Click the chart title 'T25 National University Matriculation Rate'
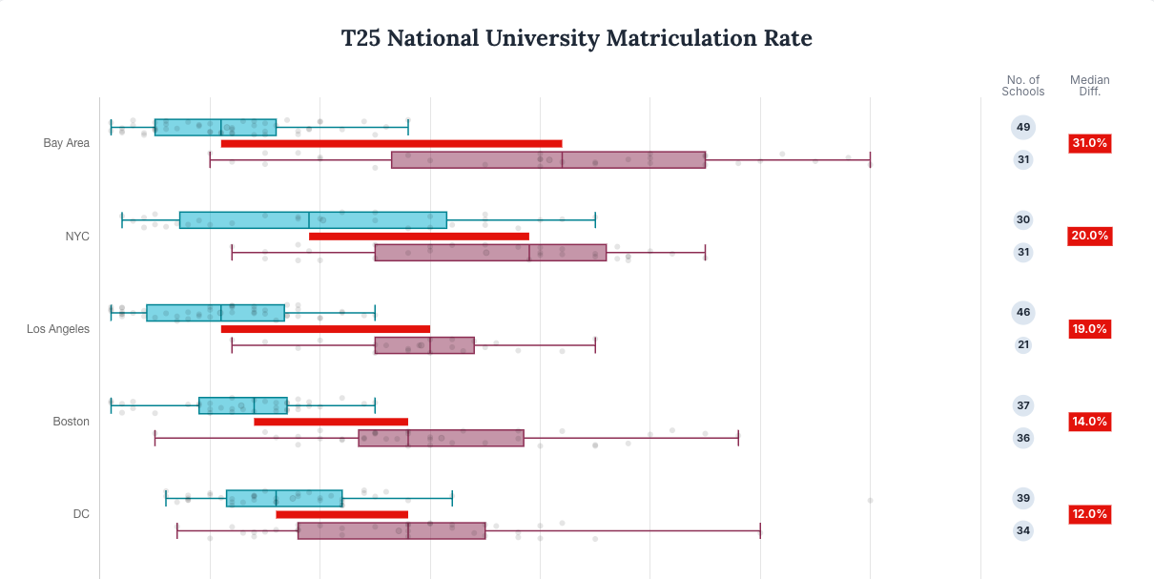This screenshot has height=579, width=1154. pos(576,38)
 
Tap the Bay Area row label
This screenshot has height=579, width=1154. pos(67,143)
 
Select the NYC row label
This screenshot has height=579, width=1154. pos(77,236)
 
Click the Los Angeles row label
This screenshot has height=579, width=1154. pos(58,329)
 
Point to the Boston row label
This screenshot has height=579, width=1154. pos(72,422)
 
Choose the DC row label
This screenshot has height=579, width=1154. pos(81,514)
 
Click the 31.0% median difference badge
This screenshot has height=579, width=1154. pos(1089,143)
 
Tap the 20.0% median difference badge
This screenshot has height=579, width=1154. pos(1089,236)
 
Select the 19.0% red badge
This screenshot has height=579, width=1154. pos(1089,329)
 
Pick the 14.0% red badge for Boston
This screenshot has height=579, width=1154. pos(1089,422)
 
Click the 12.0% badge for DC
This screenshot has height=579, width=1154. pos(1089,514)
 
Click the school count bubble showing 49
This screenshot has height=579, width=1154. pos(1023,127)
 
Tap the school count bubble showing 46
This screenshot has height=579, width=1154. pos(1023,312)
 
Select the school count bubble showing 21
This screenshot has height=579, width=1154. pos(1023,344)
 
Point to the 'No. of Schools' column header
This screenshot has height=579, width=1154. pos(1023,86)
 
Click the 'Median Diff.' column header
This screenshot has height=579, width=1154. pos(1089,86)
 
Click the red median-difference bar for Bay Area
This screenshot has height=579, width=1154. pos(391,144)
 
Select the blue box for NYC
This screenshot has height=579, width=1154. pos(313,220)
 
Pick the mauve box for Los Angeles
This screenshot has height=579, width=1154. pos(424,345)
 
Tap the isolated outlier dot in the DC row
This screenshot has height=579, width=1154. pos(870,500)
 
